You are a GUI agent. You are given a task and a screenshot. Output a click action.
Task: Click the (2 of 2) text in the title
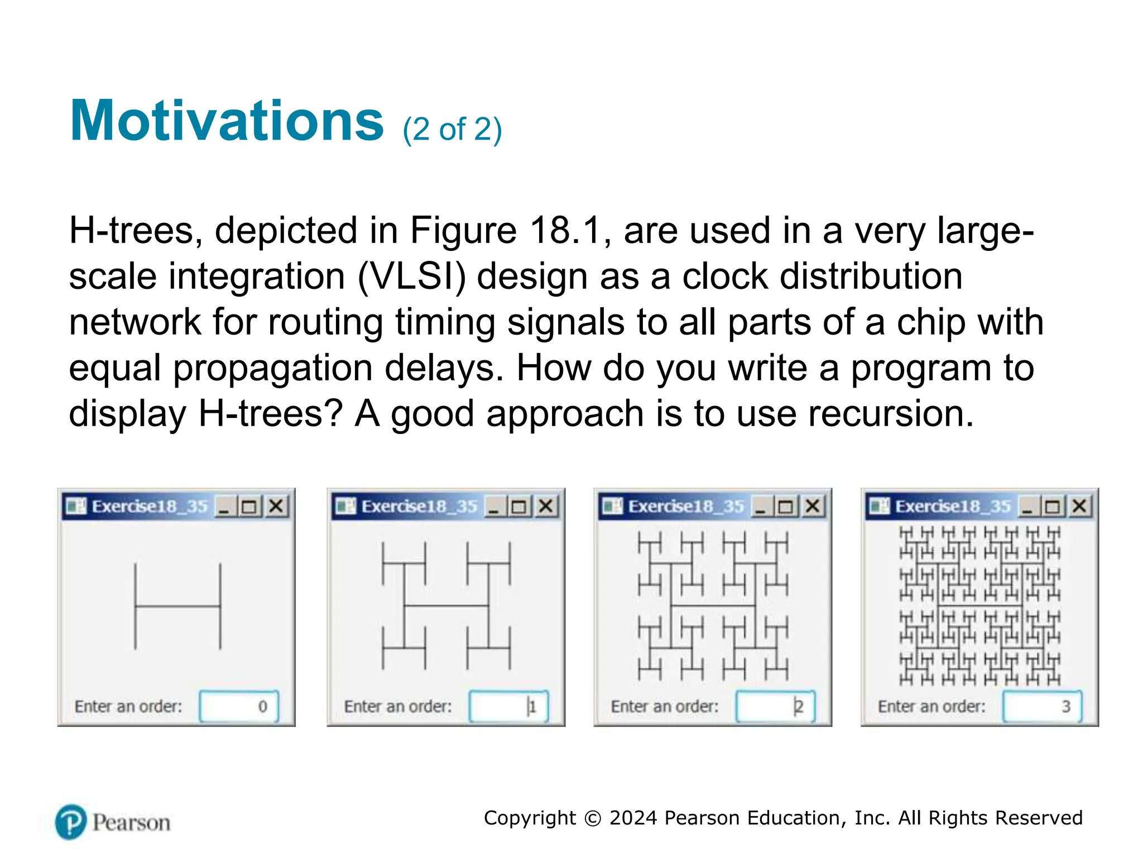point(452,130)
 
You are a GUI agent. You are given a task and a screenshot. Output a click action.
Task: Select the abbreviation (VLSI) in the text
point(411,277)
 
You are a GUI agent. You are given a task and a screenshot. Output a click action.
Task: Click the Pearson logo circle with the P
point(71,822)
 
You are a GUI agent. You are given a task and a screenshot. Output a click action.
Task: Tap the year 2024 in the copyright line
point(633,818)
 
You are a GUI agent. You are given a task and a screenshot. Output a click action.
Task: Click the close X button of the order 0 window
point(276,507)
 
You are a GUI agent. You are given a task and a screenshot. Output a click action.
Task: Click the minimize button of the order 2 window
point(760,507)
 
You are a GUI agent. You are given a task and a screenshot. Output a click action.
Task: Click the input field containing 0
point(239,707)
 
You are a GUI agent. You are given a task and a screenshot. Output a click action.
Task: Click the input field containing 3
point(1042,707)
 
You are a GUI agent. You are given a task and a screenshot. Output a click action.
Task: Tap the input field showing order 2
point(775,707)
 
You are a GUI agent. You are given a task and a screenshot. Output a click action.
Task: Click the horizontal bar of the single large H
point(177,606)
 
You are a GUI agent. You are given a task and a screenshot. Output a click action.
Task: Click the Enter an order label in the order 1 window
point(397,707)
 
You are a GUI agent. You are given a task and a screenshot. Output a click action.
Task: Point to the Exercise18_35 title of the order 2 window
point(686,507)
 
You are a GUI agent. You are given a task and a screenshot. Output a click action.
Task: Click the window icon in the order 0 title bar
point(76,507)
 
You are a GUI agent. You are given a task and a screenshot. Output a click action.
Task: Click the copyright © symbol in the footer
point(593,818)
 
